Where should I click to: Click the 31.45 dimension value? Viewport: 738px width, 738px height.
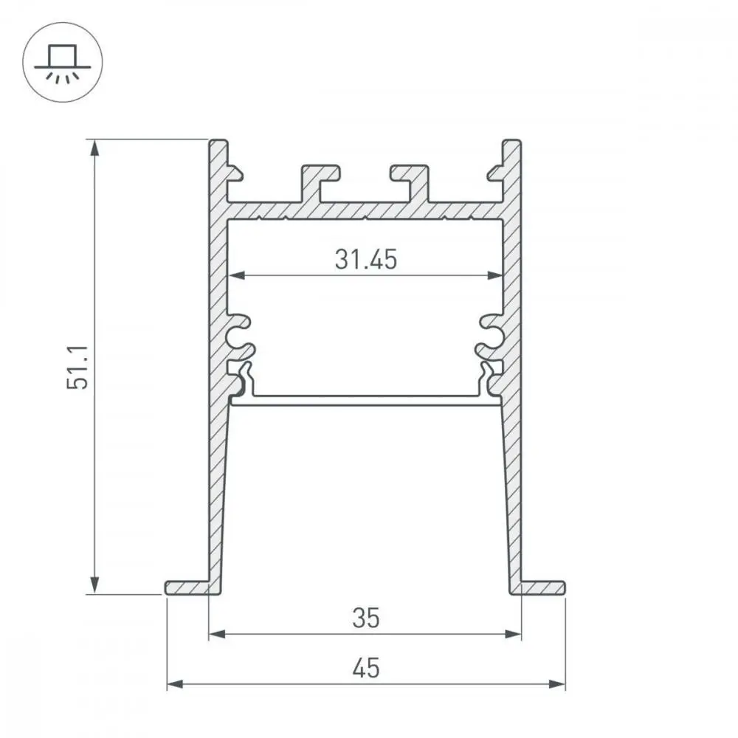366,259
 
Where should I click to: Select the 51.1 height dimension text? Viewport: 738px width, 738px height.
77,367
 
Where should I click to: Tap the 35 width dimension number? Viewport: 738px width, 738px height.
366,618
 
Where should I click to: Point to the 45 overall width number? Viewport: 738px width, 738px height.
366,668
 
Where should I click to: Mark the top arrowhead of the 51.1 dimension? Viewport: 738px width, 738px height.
94,148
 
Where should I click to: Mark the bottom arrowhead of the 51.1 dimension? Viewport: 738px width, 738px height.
94,585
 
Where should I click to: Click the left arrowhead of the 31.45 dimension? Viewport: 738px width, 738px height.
236,275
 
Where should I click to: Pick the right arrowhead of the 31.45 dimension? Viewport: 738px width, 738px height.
495,275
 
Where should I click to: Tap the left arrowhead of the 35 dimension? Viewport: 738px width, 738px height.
217,635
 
